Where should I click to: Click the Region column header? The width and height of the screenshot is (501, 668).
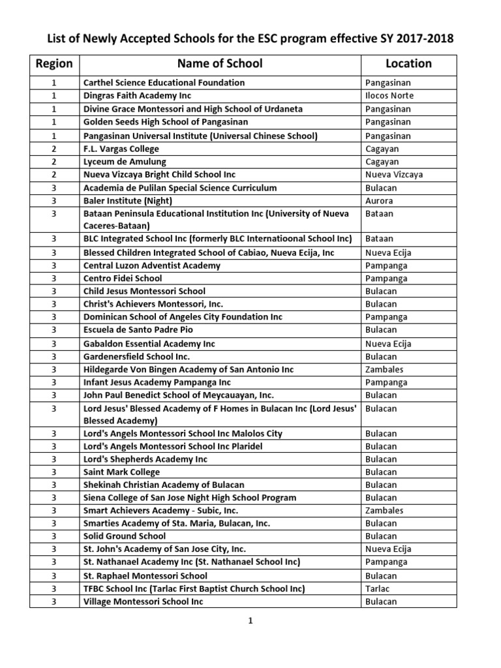54,63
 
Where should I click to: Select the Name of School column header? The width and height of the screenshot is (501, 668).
220,63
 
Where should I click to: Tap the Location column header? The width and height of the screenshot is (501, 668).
408,63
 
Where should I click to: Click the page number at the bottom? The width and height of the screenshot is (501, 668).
250,621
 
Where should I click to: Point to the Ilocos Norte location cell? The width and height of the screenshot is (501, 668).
389,96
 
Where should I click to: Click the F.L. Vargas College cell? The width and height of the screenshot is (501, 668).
121,149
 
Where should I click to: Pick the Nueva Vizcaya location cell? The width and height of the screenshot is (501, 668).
394,175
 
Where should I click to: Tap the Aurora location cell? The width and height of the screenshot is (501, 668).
379,201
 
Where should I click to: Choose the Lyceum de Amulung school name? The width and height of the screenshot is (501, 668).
125,162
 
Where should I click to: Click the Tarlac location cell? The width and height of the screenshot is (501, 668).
378,588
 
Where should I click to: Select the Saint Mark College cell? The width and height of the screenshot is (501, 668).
121,472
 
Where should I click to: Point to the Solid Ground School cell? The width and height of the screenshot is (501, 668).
125,536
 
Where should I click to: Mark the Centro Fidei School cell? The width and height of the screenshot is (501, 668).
123,279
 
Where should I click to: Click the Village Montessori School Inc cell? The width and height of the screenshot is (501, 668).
143,601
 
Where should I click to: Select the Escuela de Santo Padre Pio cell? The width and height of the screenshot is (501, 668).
137,330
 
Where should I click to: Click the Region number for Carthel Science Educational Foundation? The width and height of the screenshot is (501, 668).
54,83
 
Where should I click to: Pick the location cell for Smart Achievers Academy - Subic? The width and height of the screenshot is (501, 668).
384,511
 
